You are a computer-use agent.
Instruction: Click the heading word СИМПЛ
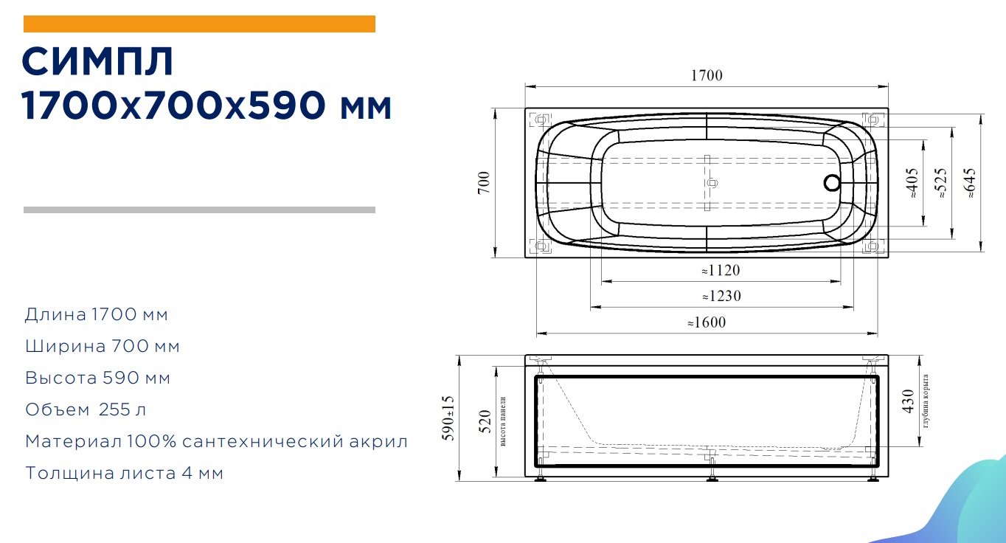click(97, 61)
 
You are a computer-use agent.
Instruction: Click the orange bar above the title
click(199, 24)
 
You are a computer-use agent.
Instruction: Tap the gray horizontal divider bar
click(199, 210)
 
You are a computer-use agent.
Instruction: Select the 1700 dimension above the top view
click(707, 75)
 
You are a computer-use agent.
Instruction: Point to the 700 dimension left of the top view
click(484, 183)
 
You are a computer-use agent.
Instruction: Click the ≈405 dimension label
click(912, 183)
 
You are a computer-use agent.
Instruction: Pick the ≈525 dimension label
click(940, 183)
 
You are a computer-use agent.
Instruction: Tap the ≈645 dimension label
click(970, 183)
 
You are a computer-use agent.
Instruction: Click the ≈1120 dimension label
click(721, 270)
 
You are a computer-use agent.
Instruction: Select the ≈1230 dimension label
click(722, 296)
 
